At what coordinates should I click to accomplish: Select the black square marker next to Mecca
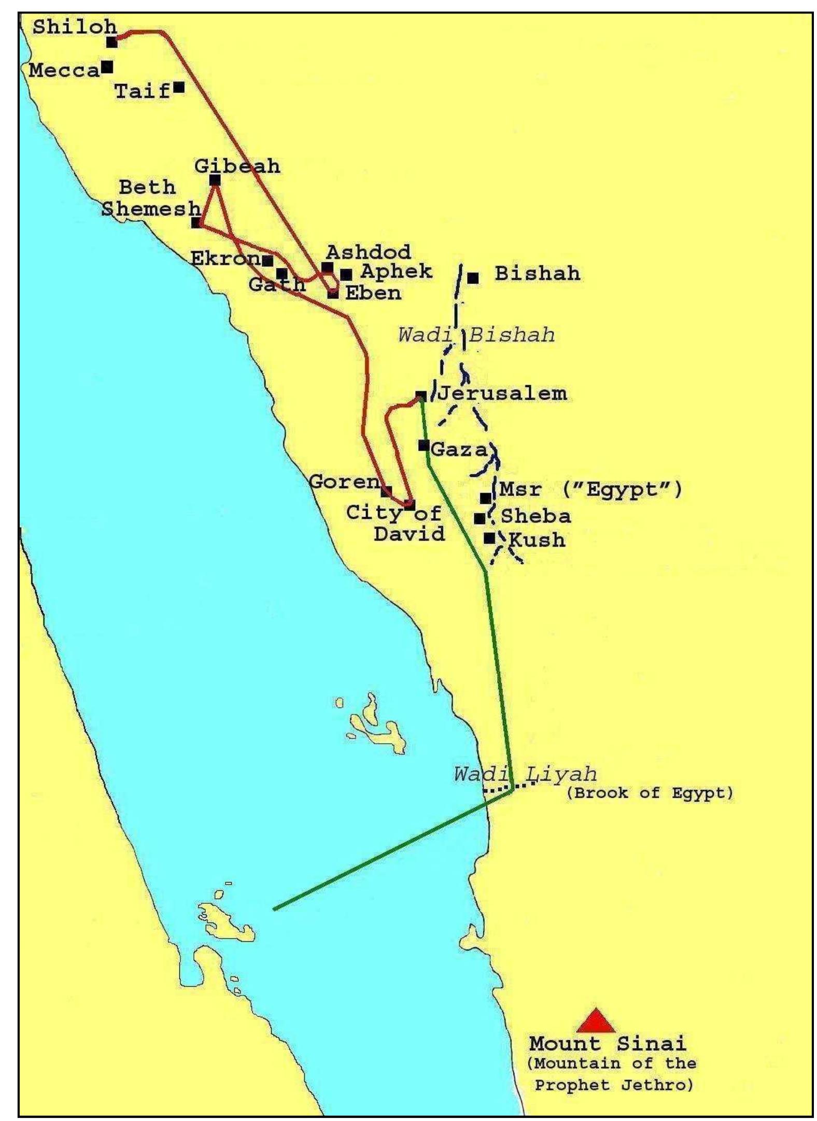[107, 67]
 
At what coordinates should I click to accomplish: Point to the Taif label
[142, 92]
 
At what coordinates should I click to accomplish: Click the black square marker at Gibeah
[215, 180]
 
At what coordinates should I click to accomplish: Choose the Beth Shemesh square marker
[196, 223]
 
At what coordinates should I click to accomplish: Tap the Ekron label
[225, 258]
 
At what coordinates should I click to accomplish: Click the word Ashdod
[368, 252]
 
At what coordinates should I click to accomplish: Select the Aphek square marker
[346, 274]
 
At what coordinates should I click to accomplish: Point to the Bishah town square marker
[473, 278]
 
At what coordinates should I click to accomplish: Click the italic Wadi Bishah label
[476, 335]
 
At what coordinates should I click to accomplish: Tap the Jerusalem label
[502, 393]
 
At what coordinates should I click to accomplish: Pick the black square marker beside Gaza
[424, 445]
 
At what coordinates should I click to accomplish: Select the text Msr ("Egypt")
[590, 489]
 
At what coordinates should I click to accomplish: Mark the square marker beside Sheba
[480, 518]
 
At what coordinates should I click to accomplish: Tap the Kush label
[537, 540]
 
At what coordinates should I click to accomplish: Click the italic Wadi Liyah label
[525, 774]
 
